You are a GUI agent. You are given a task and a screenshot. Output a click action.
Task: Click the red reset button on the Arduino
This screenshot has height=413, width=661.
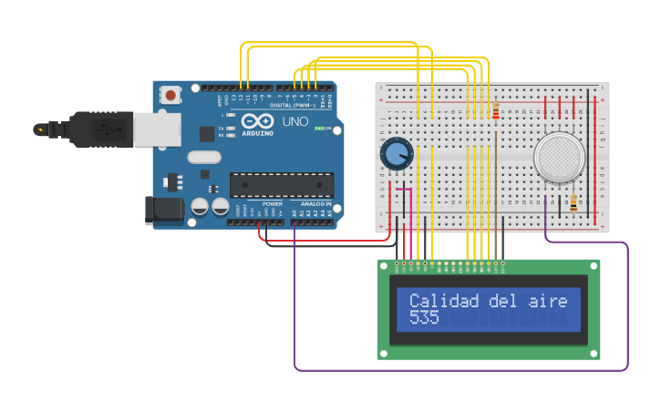[x=170, y=94]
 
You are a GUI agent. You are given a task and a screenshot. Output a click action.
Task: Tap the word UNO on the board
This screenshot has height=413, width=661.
[x=294, y=121]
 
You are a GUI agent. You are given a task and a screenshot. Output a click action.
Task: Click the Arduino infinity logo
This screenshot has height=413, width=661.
[x=257, y=121]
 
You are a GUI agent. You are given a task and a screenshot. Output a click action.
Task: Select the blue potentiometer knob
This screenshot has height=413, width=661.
[x=397, y=153]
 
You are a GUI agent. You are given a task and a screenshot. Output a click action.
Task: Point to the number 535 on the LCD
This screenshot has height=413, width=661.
[x=424, y=318]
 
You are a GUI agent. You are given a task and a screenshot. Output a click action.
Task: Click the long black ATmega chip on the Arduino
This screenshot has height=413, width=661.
[x=281, y=184]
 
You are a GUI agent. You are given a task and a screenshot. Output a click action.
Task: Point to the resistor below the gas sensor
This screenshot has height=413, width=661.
[x=573, y=202]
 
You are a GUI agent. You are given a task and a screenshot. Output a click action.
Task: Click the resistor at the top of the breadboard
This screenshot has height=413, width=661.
[x=495, y=112]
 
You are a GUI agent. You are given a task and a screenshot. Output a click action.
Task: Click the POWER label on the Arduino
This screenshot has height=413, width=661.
[x=272, y=204]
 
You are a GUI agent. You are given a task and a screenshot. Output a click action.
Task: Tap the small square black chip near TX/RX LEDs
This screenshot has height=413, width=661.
[x=207, y=134]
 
